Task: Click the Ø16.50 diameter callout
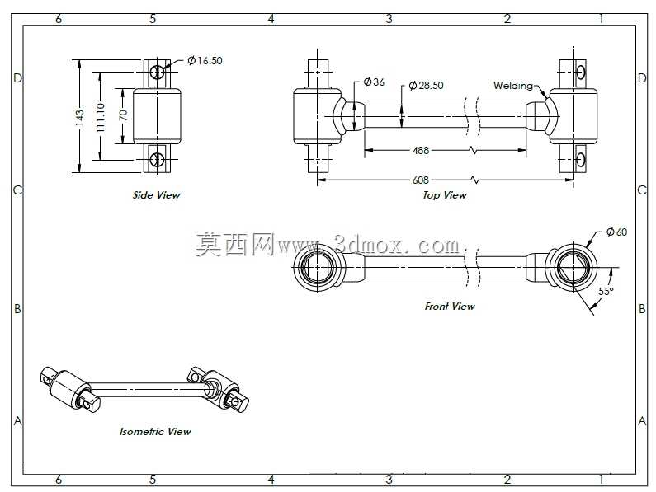point(205,61)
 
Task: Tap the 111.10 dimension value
point(101,118)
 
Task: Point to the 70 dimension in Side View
point(123,115)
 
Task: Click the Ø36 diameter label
point(374,82)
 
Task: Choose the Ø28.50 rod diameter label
point(426,85)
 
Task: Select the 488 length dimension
point(421,150)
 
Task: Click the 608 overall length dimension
point(421,180)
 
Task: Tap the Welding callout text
point(513,86)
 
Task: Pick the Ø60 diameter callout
point(616,232)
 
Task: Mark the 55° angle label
point(606,292)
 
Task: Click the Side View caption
point(156,194)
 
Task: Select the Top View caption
point(444,194)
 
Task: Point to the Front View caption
point(450,307)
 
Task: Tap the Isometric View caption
point(155,431)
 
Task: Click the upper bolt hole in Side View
point(158,72)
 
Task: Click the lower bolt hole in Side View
point(158,159)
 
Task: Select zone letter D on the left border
point(17,78)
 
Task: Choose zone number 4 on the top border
point(271,19)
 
